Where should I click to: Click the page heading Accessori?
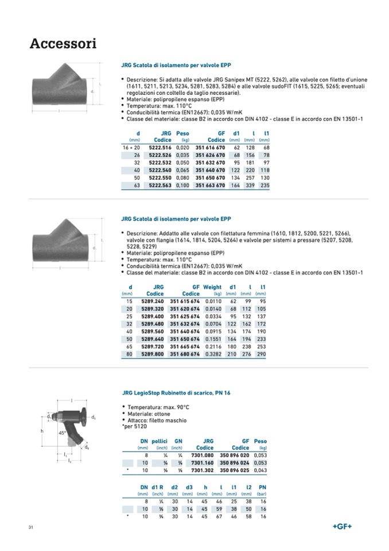tap(63, 44)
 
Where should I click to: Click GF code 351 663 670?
tap(210, 186)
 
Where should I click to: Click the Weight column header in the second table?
tap(212, 287)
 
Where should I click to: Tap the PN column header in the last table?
tap(263, 487)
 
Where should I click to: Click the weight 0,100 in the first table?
tap(182, 186)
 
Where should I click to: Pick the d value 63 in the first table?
tap(137, 186)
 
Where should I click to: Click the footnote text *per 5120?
tap(136, 426)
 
